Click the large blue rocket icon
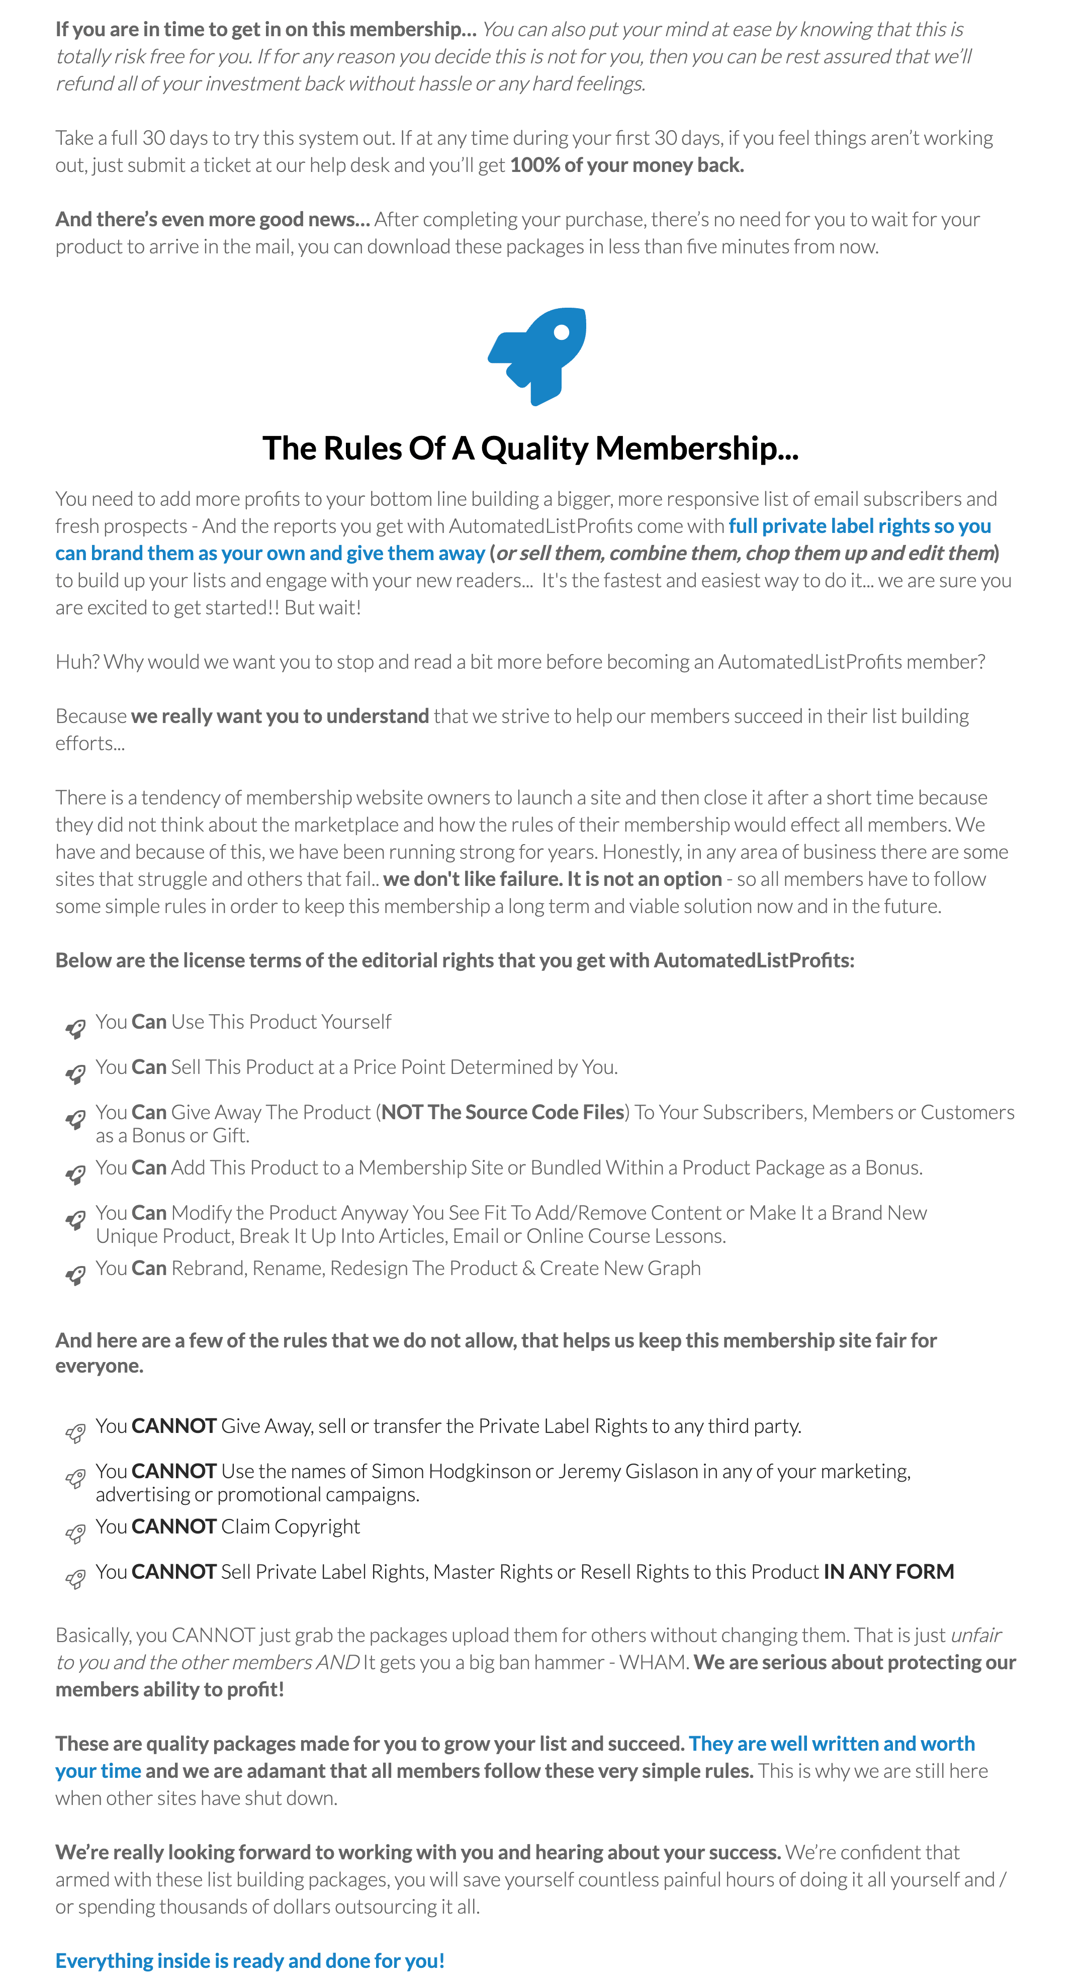537,355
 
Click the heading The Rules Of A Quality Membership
530,448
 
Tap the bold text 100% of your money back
626,165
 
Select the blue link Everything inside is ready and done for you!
250,1960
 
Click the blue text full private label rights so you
859,526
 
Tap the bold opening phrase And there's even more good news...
212,219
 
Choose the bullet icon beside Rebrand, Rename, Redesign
75,1275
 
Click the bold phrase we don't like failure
472,879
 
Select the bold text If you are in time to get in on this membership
265,29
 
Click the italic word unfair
975,1635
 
